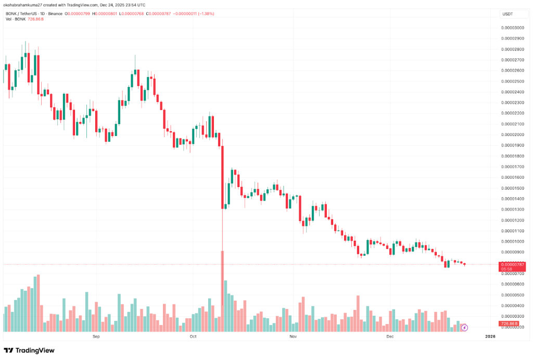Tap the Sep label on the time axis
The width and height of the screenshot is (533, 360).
pyautogui.click(x=96, y=337)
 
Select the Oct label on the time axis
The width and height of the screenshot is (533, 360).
pyautogui.click(x=193, y=337)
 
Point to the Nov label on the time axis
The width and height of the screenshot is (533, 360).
pyautogui.click(x=293, y=337)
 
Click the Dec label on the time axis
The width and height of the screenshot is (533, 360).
pyautogui.click(x=390, y=337)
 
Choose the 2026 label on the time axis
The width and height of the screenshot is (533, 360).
pyautogui.click(x=489, y=337)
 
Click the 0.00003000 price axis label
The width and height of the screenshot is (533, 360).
pyautogui.click(x=512, y=28)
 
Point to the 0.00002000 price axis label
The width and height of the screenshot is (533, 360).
pyautogui.click(x=512, y=134)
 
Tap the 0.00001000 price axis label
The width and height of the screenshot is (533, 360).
pyautogui.click(x=512, y=241)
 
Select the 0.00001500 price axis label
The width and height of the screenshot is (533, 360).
pyautogui.click(x=512, y=188)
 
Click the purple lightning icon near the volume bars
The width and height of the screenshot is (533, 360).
pyautogui.click(x=464, y=328)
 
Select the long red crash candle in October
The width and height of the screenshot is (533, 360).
pyautogui.click(x=222, y=177)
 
